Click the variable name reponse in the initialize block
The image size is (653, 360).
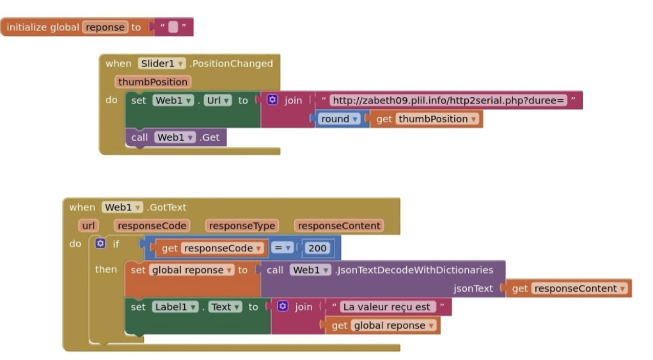point(105,27)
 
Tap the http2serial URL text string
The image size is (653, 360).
point(448,100)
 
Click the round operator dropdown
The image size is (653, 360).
point(339,119)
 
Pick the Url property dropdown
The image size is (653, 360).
point(219,100)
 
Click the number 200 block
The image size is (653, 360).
point(317,248)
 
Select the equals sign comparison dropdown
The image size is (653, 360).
point(282,248)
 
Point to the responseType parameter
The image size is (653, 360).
point(242,226)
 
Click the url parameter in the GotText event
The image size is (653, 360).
point(89,226)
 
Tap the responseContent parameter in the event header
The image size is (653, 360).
point(339,226)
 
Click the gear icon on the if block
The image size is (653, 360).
point(101,244)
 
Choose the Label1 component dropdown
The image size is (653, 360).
point(175,307)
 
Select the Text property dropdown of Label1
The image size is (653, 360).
point(225,307)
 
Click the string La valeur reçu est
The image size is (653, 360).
point(387,307)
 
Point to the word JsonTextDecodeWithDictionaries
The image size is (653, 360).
point(415,270)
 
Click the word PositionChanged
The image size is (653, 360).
point(232,63)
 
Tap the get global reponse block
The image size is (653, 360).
point(383,325)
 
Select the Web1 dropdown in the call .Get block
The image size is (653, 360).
point(175,137)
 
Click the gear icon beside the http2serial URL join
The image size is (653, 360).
point(273,100)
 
